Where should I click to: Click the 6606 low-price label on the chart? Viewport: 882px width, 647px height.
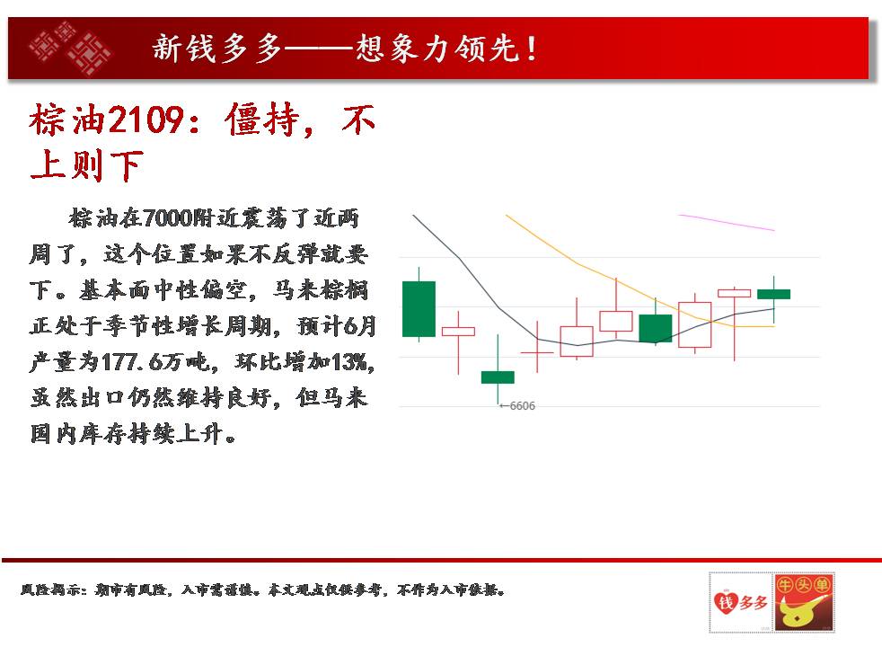pos(522,405)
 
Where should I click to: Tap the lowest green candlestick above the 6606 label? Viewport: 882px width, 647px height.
pos(498,377)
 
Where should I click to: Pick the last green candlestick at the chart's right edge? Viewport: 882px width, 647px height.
pos(774,294)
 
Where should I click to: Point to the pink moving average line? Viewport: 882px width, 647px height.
pos(727,222)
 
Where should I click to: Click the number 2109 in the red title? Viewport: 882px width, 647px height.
pos(146,120)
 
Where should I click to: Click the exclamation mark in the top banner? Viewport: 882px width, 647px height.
pos(531,49)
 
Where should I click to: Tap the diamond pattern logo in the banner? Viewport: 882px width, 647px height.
pos(71,48)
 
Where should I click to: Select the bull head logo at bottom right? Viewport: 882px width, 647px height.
pos(803,602)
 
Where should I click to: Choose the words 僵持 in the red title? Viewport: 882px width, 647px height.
pos(262,120)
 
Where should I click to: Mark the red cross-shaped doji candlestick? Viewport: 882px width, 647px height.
pos(537,352)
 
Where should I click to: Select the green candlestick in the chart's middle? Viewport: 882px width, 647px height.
pos(656,328)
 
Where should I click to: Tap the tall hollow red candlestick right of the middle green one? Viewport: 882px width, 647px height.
pos(694,324)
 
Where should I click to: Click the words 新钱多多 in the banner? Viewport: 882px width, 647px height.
pos(217,48)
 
